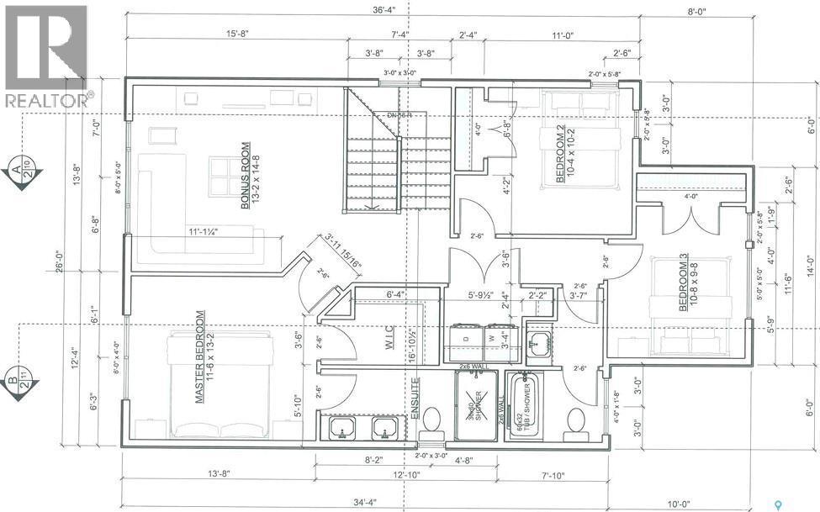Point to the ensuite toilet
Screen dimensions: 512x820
tap(432, 420)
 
